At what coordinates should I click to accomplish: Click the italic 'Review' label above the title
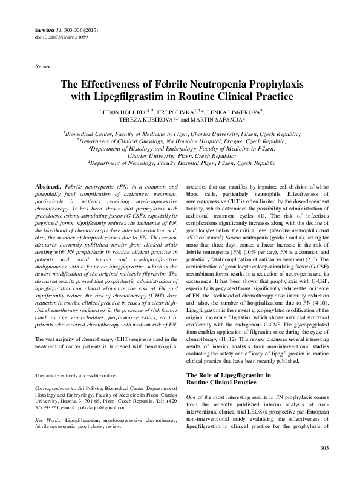tap(44, 65)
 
